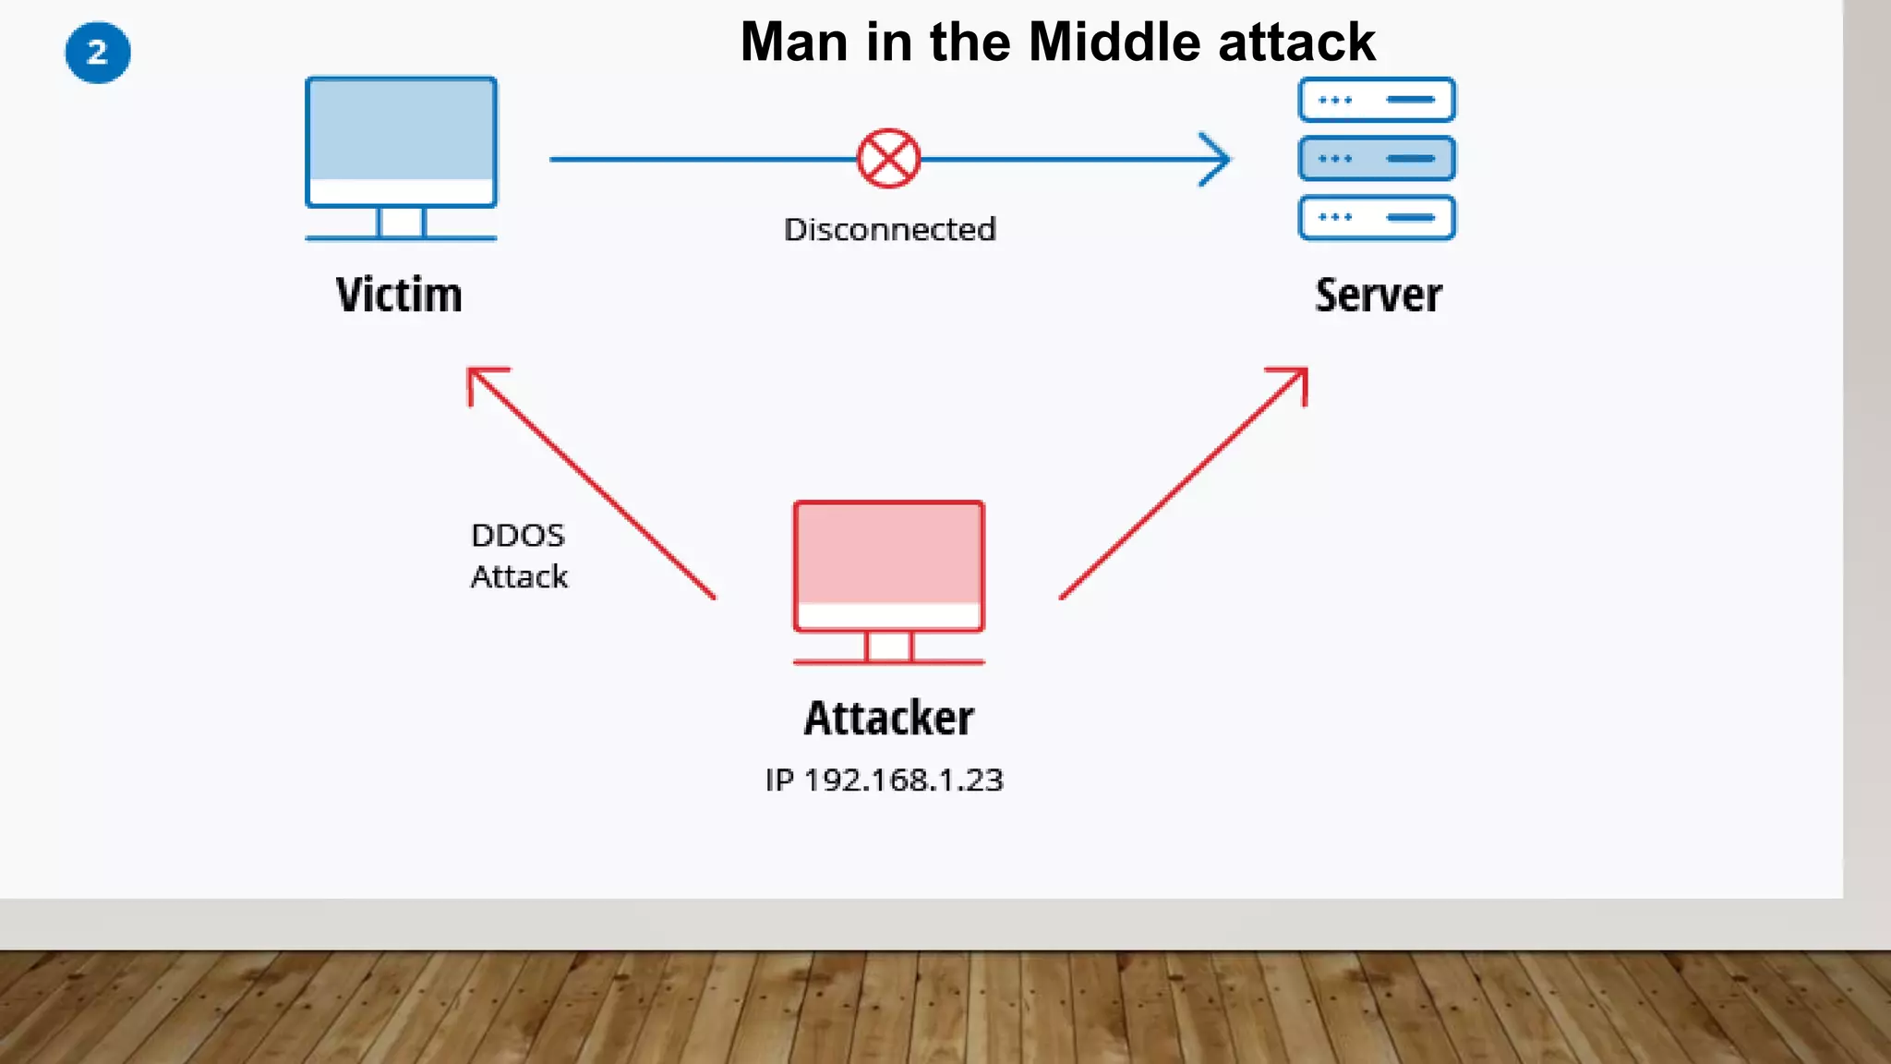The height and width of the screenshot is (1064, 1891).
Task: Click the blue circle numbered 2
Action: click(x=98, y=53)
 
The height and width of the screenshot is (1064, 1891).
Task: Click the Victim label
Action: click(x=399, y=296)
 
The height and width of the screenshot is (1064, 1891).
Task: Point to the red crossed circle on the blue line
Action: click(x=888, y=159)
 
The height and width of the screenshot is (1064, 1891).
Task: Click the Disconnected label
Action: click(x=890, y=229)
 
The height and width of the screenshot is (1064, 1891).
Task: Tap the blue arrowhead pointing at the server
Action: click(x=1217, y=159)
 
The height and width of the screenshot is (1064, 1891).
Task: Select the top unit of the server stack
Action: click(x=1377, y=100)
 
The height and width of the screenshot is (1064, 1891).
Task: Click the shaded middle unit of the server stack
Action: click(x=1377, y=159)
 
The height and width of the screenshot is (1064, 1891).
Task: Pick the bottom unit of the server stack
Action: click(x=1377, y=218)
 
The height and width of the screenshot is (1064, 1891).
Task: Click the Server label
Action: click(x=1378, y=296)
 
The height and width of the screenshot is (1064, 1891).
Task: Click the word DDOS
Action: click(x=518, y=536)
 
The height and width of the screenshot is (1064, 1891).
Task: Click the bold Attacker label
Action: click(x=888, y=719)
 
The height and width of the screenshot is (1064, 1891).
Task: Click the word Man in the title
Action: click(x=794, y=42)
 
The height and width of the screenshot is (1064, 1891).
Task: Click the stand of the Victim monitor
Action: click(x=401, y=224)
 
